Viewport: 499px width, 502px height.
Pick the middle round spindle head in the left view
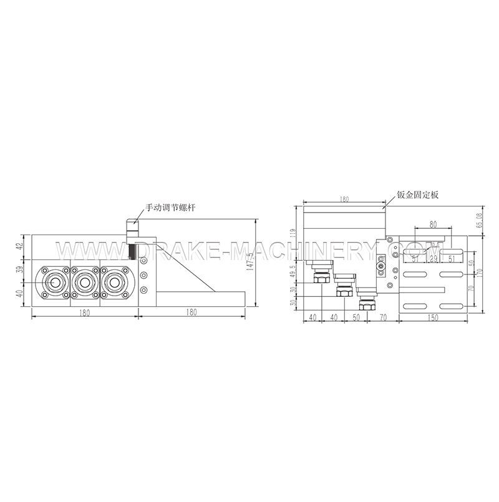84,282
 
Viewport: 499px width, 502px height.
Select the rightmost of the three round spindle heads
114,282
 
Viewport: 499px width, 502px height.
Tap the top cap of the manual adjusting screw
132,223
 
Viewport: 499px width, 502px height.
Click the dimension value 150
433,318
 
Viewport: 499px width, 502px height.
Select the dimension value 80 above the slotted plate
433,223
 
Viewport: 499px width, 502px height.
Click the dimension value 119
292,234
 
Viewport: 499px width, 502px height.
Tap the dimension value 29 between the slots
434,258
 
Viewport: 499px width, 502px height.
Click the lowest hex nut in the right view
366,307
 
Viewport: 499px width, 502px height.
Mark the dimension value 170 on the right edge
480,271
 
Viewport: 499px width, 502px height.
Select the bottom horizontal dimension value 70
383,318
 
